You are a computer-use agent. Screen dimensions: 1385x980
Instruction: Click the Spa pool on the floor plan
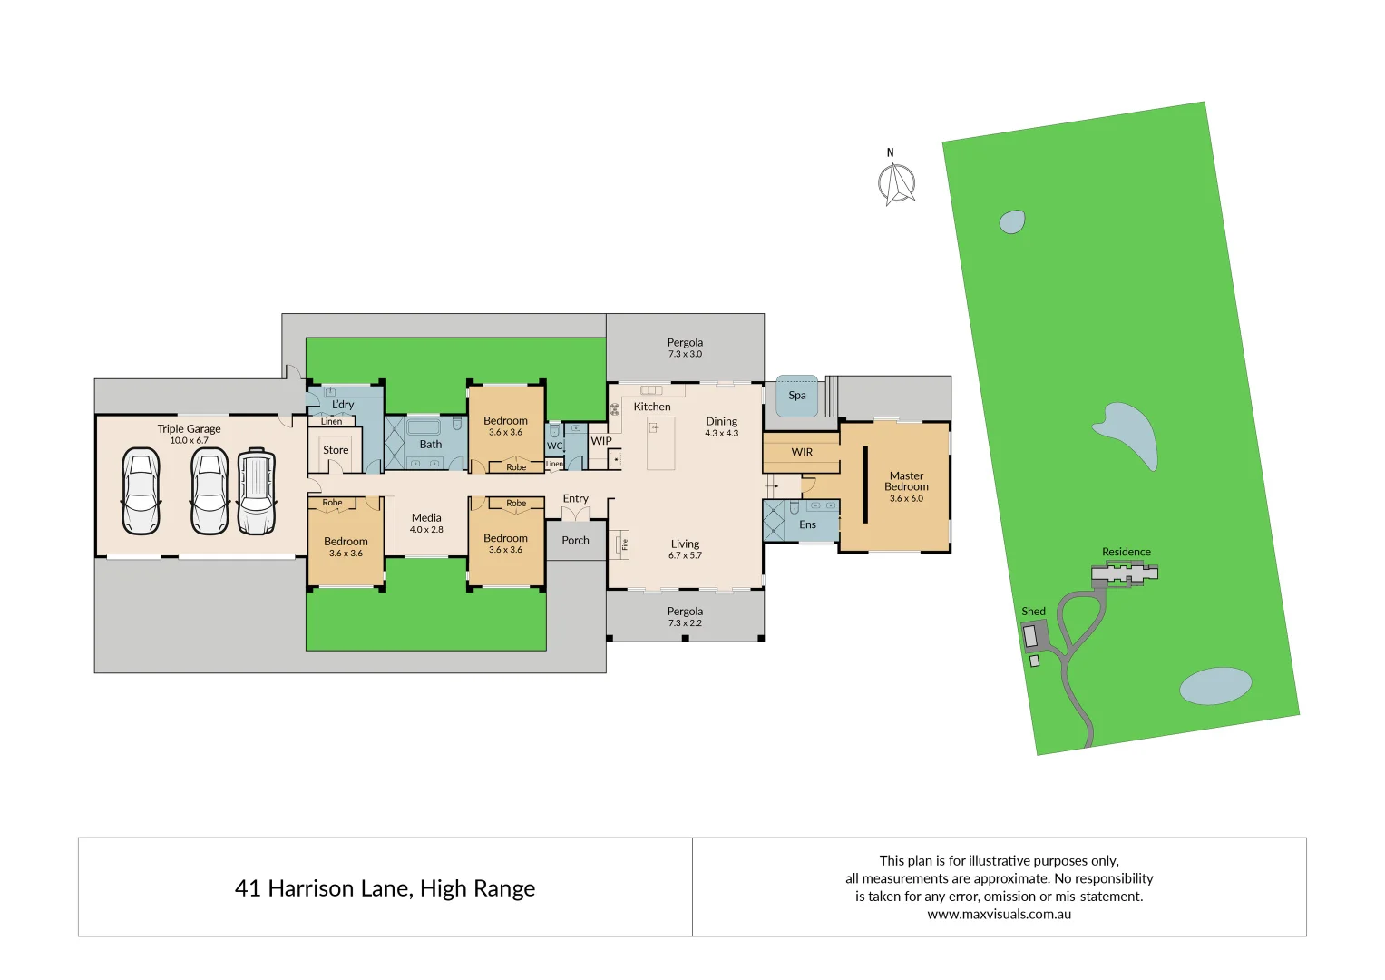(797, 397)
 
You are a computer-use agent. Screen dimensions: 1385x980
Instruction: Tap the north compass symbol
(896, 182)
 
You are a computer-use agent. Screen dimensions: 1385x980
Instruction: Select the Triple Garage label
(189, 429)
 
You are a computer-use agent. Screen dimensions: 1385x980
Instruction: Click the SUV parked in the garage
(257, 492)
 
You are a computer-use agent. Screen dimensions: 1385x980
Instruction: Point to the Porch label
(575, 541)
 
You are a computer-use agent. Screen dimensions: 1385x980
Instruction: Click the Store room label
(336, 450)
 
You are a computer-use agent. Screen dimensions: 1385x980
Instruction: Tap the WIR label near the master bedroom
(802, 453)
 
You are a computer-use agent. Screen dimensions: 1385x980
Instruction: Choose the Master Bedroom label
(906, 481)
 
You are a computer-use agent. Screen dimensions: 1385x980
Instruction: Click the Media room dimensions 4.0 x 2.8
(426, 530)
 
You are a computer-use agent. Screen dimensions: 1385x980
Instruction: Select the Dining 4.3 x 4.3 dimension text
(722, 434)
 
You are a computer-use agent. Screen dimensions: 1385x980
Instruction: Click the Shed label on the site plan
(1033, 612)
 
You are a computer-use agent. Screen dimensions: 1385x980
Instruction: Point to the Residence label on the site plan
(1126, 552)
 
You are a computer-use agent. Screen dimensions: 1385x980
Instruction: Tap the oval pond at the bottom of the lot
(1215, 686)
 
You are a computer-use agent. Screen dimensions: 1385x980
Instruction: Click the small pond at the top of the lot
(1012, 221)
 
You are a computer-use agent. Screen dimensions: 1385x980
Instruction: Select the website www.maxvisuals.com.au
(999, 915)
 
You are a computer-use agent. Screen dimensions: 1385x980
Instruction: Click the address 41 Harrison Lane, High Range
(385, 888)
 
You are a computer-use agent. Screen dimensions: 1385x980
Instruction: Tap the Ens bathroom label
(807, 525)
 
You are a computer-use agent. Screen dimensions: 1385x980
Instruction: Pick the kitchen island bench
(660, 443)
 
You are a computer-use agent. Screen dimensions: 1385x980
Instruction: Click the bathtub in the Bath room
(423, 426)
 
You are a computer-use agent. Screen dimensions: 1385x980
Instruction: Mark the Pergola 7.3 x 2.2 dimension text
(685, 623)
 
